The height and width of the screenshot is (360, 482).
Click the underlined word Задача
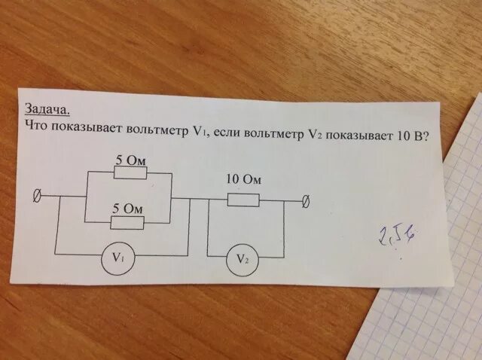click(47, 108)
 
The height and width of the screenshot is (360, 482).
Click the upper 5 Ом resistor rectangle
click(130, 172)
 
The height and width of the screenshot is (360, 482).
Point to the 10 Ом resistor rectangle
click(243, 200)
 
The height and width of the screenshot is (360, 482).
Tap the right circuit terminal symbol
click(306, 201)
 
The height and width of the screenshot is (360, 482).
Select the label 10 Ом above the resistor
click(243, 181)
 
